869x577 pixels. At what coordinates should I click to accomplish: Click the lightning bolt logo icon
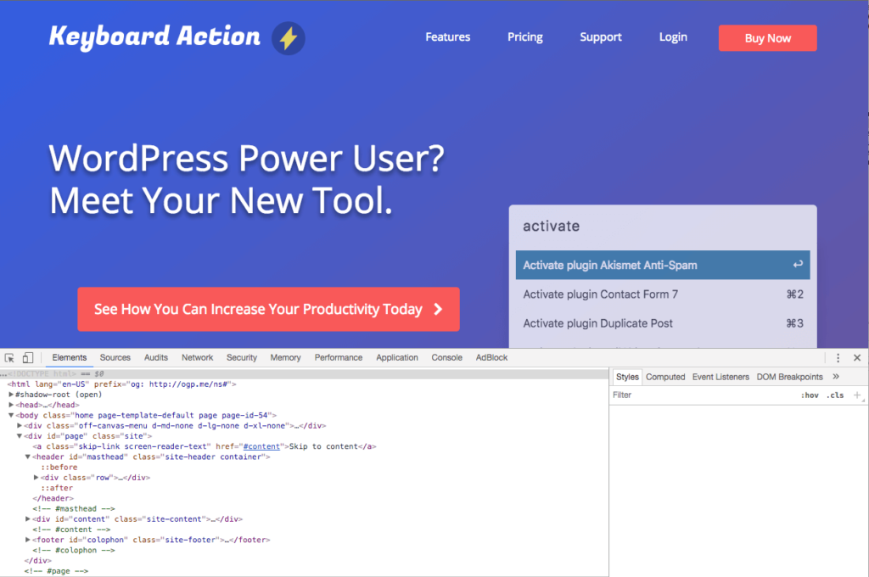[x=289, y=38]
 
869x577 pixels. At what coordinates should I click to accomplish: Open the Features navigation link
[x=448, y=37]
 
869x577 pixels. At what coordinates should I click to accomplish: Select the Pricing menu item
[x=524, y=37]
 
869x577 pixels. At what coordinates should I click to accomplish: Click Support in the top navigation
[x=601, y=37]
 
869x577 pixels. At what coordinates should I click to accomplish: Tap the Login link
[x=673, y=37]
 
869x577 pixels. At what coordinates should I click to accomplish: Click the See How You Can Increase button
[x=268, y=309]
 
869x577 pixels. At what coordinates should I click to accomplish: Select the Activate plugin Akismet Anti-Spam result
[x=663, y=265]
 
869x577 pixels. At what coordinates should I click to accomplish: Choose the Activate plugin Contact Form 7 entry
[x=663, y=294]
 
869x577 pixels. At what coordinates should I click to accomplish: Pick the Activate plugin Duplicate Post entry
[x=663, y=323]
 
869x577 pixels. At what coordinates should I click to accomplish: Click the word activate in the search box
[x=552, y=227]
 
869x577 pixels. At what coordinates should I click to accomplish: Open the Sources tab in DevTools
[x=115, y=357]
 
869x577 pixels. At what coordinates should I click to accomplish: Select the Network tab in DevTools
[x=197, y=357]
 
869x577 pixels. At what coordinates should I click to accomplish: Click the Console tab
[x=446, y=357]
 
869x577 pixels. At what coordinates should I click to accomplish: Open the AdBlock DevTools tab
[x=491, y=357]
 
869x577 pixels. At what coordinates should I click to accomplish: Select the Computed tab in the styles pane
[x=665, y=377]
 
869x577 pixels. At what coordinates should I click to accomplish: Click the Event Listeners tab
[x=720, y=377]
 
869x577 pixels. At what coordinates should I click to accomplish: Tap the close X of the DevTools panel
[x=857, y=357]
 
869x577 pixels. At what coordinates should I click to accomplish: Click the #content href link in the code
[x=261, y=446]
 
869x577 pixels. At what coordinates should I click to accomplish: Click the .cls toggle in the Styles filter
[x=835, y=395]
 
